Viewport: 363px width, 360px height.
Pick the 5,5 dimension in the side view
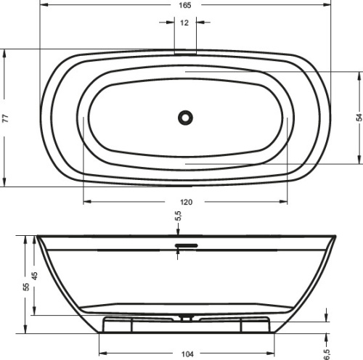[178, 216]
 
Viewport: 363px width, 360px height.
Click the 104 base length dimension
[187, 353]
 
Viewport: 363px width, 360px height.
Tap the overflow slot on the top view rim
[187, 52]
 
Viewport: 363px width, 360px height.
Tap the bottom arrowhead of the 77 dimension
[5, 182]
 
